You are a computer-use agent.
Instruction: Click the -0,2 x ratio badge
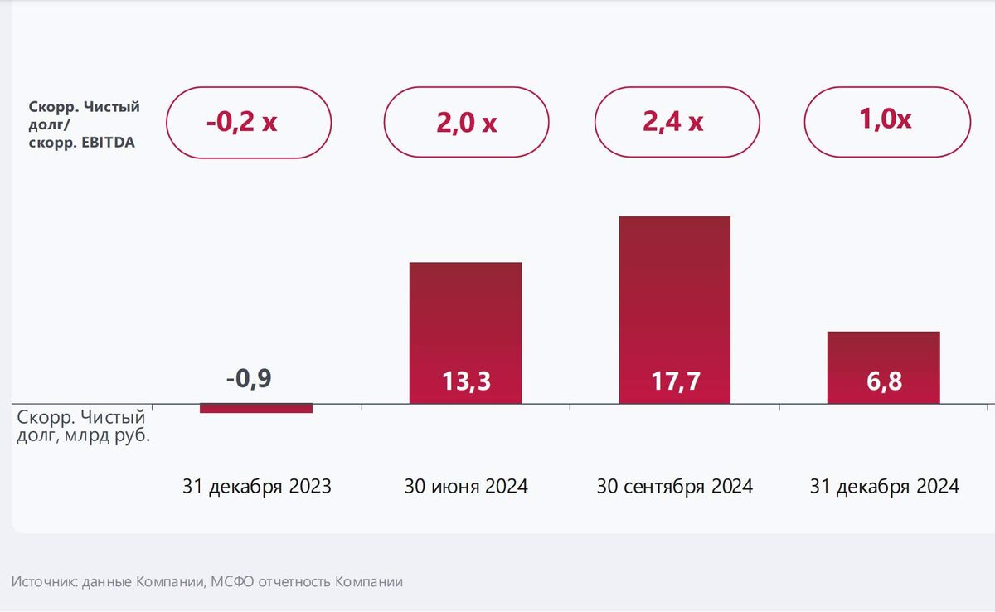[249, 122]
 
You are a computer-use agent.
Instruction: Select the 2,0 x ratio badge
[466, 122]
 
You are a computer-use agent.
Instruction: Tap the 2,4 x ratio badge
[677, 122]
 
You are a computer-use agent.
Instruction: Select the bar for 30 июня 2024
[466, 315]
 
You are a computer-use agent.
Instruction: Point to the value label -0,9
[249, 379]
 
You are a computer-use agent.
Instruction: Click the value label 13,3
[466, 382]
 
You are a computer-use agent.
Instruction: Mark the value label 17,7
[675, 382]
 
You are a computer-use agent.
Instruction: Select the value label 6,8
[883, 382]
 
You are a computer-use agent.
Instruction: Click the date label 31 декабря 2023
[257, 487]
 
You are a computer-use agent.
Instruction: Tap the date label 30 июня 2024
[466, 487]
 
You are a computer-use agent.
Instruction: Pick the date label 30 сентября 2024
[675, 487]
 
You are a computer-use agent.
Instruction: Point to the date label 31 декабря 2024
[884, 487]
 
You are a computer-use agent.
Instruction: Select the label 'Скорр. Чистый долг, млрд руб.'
[83, 425]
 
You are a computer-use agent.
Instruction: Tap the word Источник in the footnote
[45, 582]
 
